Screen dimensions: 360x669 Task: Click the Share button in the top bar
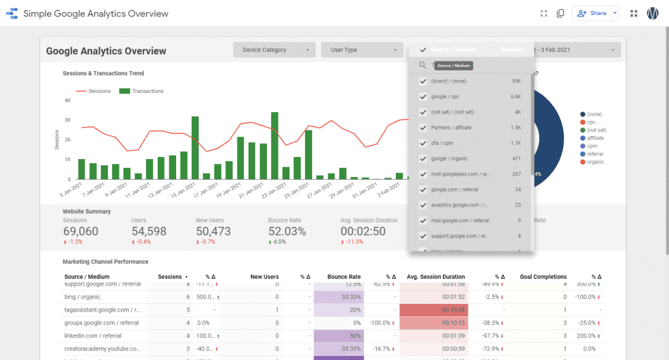(591, 13)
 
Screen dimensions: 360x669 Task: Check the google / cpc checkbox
(423, 97)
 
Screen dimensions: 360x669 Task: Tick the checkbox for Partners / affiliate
(423, 128)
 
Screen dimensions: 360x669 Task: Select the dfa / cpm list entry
(443, 143)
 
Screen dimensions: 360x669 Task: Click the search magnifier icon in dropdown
(423, 66)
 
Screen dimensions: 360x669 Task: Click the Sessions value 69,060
(81, 232)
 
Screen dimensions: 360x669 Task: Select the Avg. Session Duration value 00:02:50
(363, 232)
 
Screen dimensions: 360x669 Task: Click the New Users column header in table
(264, 277)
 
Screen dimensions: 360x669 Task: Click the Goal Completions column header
(543, 277)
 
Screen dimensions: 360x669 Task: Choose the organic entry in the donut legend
(595, 162)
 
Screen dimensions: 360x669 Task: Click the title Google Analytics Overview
(106, 51)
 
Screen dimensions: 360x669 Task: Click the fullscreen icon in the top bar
(544, 13)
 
